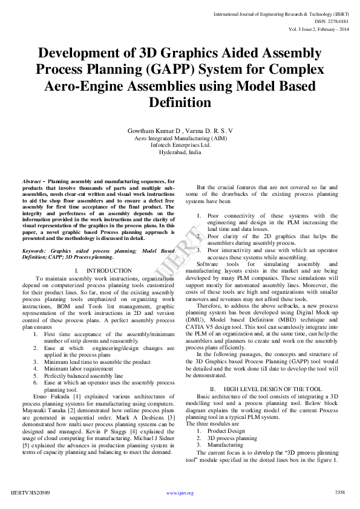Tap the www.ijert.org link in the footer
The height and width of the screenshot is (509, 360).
(180, 493)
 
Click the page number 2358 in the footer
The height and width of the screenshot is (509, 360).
(339, 493)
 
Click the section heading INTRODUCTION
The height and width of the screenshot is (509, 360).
(109, 270)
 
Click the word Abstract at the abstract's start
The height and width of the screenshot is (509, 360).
(31, 181)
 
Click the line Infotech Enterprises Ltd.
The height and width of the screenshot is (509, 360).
(180, 145)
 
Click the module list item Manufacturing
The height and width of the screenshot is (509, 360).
(226, 444)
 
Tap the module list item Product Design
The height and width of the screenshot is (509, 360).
(226, 430)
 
